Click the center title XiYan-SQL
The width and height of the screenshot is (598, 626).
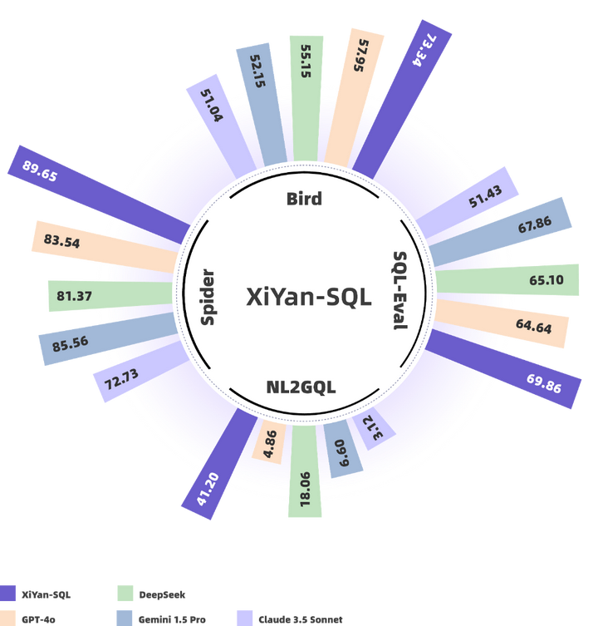pyautogui.click(x=308, y=297)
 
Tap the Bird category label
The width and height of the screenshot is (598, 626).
pyautogui.click(x=303, y=199)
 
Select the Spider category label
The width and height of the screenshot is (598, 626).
pyautogui.click(x=208, y=297)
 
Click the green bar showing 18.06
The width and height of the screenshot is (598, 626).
pyautogui.click(x=305, y=469)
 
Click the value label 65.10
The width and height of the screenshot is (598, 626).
pyautogui.click(x=547, y=280)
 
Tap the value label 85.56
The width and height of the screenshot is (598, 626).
pyautogui.click(x=70, y=343)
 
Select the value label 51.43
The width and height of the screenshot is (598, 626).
pyautogui.click(x=485, y=200)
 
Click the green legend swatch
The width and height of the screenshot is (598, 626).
pyautogui.click(x=125, y=594)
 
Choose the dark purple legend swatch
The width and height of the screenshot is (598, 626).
pyautogui.click(x=8, y=594)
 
